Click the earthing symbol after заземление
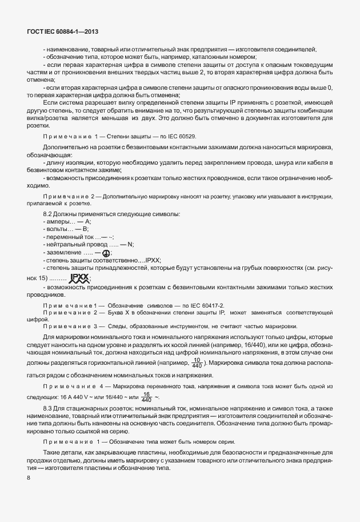click(x=106, y=252)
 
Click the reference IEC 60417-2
click(x=205, y=306)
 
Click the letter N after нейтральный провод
click(x=131, y=244)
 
